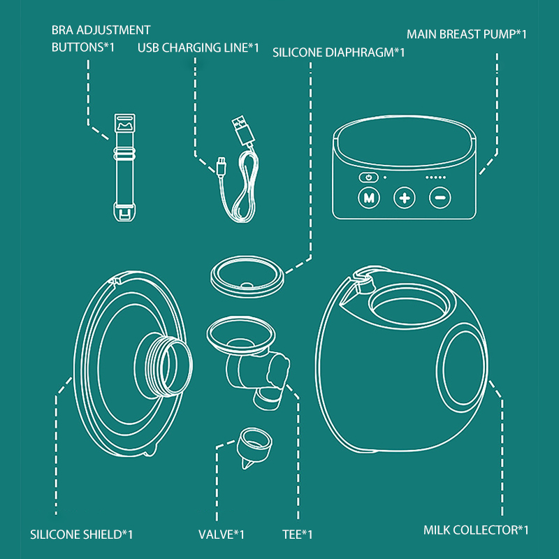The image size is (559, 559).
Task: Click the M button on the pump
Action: coord(368,198)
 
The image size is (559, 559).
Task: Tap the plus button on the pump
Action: coord(404,198)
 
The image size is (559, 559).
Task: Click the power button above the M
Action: coord(368,177)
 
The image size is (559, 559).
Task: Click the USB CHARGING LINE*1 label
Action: coord(198,48)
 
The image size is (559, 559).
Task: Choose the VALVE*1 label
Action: coord(222,535)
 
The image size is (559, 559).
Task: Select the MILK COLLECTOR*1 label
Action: coord(476,530)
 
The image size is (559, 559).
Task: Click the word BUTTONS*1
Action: coord(83,48)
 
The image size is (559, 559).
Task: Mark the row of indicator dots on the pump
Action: coord(435,177)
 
